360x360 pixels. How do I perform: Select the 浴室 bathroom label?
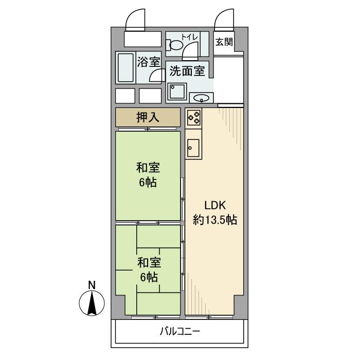148,62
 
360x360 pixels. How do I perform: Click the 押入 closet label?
148,117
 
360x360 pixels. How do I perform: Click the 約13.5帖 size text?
214,220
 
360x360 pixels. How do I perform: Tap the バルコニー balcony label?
179,332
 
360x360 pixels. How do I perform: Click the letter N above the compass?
91,284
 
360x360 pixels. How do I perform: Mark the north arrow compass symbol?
91,303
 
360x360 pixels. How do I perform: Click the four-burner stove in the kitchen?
194,118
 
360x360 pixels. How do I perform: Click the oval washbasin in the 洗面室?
201,97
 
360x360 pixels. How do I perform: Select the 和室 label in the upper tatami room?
148,168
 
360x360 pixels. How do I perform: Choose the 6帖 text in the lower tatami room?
149,277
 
